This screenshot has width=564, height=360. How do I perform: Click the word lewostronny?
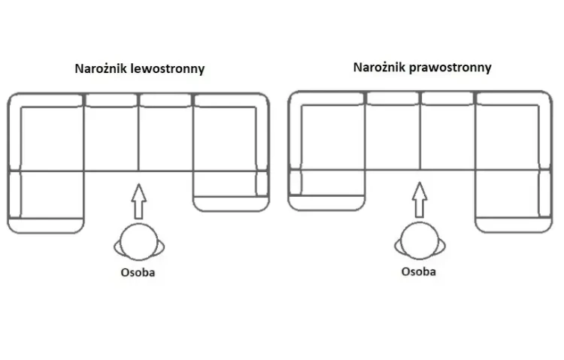click(x=168, y=68)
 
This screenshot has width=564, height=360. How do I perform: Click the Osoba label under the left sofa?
click(x=138, y=272)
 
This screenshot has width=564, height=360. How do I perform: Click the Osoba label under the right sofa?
click(x=419, y=271)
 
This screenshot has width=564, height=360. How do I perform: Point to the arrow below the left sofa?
click(x=138, y=201)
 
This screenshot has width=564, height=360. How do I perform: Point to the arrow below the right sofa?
click(x=420, y=200)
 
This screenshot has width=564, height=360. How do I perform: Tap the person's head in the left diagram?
click(x=138, y=242)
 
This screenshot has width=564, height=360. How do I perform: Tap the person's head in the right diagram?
click(x=420, y=241)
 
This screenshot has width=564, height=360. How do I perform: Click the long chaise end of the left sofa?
click(x=46, y=202)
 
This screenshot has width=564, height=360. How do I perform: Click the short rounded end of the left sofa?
click(x=231, y=192)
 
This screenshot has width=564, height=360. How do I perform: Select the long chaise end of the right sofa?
click(x=514, y=201)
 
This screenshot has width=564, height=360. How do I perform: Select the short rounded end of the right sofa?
click(x=326, y=190)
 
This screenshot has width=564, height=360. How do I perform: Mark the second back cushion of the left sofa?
click(x=111, y=101)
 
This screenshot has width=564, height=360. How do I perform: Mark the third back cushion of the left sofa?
click(x=165, y=101)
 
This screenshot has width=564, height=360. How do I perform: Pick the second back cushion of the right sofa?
click(x=393, y=98)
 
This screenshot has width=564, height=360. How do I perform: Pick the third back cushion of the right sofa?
click(x=447, y=98)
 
